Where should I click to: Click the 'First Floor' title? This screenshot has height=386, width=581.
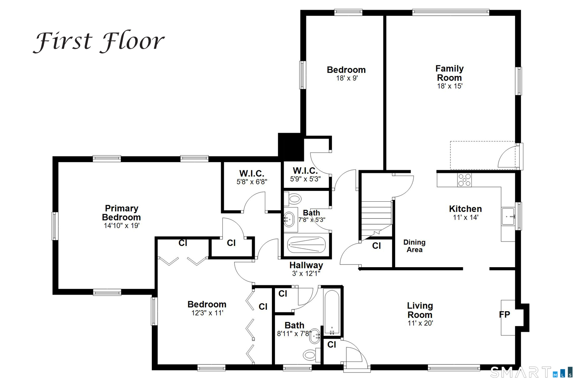tap(98, 42)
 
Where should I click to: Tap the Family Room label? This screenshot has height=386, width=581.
tap(449, 73)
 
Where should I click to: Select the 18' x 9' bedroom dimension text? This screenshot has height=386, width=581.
tap(347, 78)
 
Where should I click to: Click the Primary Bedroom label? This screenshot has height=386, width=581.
tap(121, 213)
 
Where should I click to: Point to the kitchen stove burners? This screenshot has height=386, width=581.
tap(464, 180)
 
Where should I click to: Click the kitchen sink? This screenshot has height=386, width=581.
tap(508, 216)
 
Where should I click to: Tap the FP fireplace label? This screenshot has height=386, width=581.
tap(504, 314)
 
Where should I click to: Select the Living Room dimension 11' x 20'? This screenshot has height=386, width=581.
tap(420, 323)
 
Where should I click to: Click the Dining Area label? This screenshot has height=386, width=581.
tap(414, 246)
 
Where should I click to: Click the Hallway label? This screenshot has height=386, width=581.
tap(306, 265)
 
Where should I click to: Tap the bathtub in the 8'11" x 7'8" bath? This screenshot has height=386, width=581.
tap(332, 312)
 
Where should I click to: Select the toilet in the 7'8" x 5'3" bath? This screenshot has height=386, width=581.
tap(292, 199)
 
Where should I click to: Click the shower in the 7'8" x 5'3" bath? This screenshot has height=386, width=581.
tap(306, 245)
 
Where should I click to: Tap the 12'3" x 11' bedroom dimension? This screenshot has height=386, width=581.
tap(207, 313)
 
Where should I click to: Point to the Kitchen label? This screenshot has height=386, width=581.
tap(465, 209)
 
